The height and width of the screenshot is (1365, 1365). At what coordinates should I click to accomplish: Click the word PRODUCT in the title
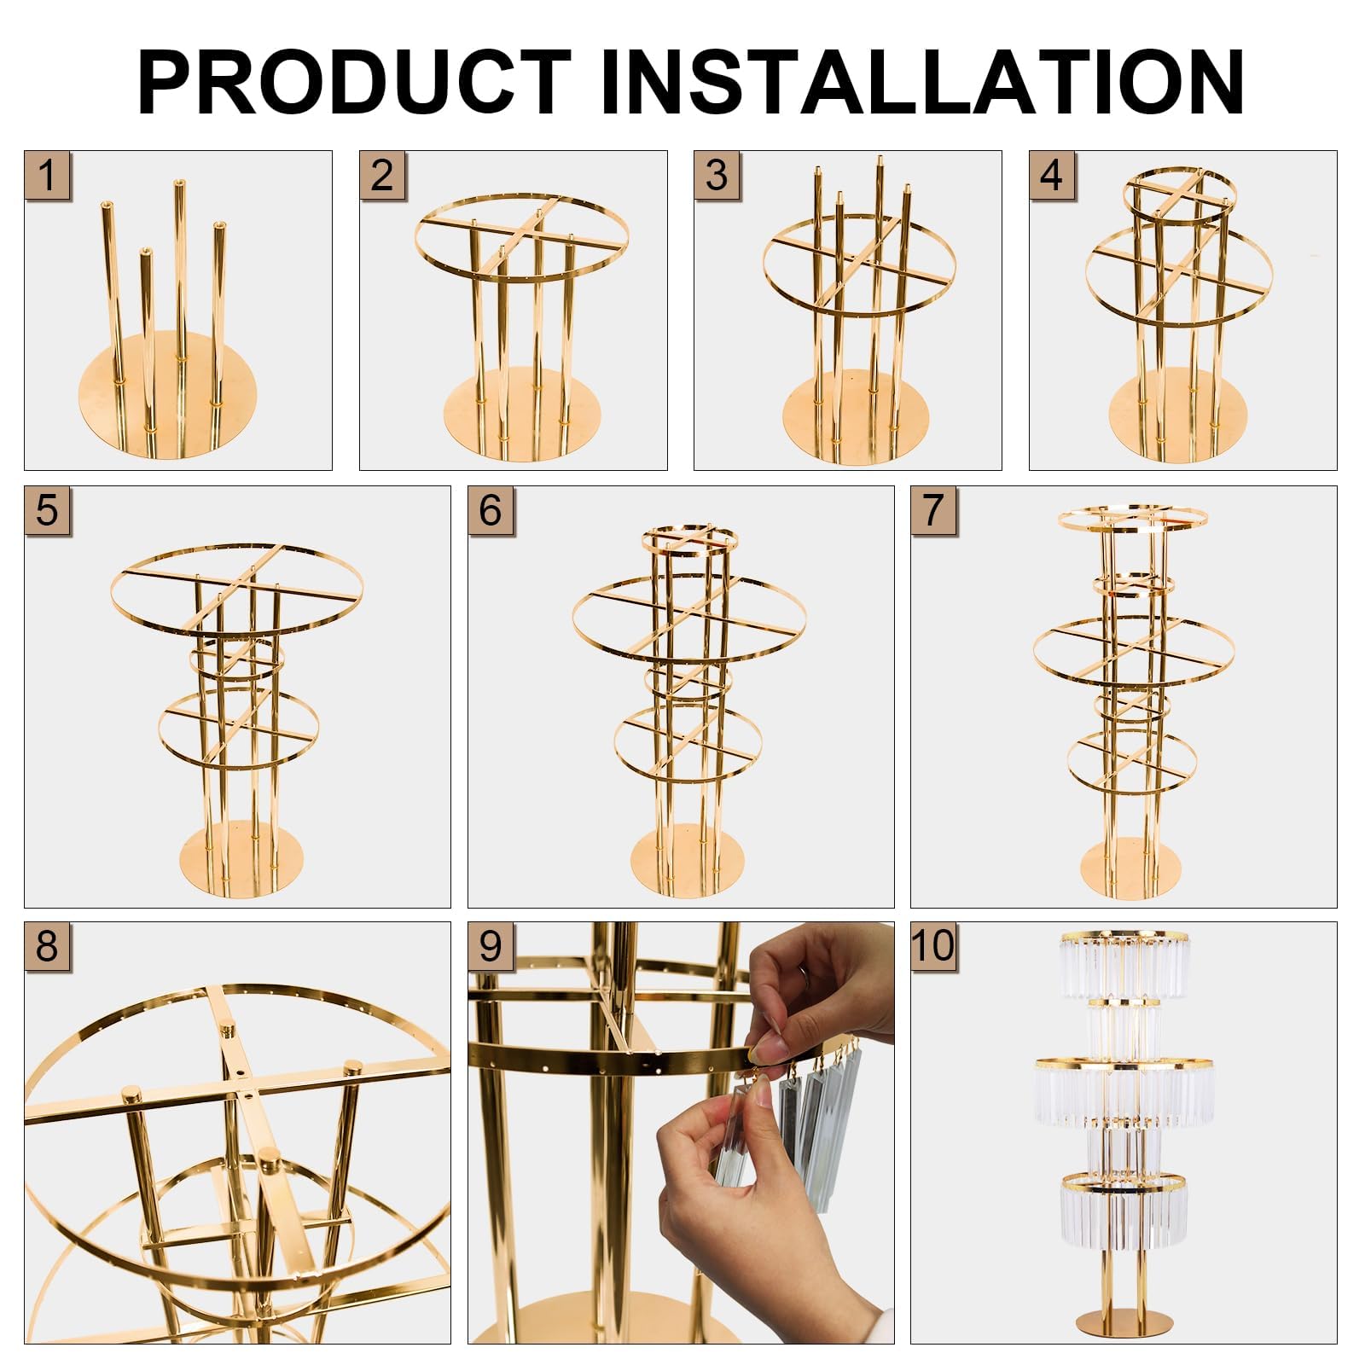click(353, 82)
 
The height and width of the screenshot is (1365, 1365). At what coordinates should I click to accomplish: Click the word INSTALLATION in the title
click(921, 82)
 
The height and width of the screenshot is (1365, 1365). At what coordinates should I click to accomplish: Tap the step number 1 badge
click(48, 175)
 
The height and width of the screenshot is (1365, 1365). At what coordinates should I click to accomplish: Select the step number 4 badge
click(1052, 175)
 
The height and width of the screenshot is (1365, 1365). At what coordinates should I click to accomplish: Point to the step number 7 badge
click(933, 509)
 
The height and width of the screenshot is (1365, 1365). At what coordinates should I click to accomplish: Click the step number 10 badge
click(934, 945)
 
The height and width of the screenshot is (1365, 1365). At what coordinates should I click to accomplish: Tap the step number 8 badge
click(48, 945)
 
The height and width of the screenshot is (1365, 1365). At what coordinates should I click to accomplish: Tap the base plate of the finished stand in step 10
click(1123, 1322)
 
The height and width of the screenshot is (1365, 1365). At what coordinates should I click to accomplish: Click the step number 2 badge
click(382, 175)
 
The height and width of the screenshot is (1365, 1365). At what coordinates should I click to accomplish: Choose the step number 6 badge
click(491, 509)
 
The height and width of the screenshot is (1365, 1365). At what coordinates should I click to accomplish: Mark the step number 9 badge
click(491, 945)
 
